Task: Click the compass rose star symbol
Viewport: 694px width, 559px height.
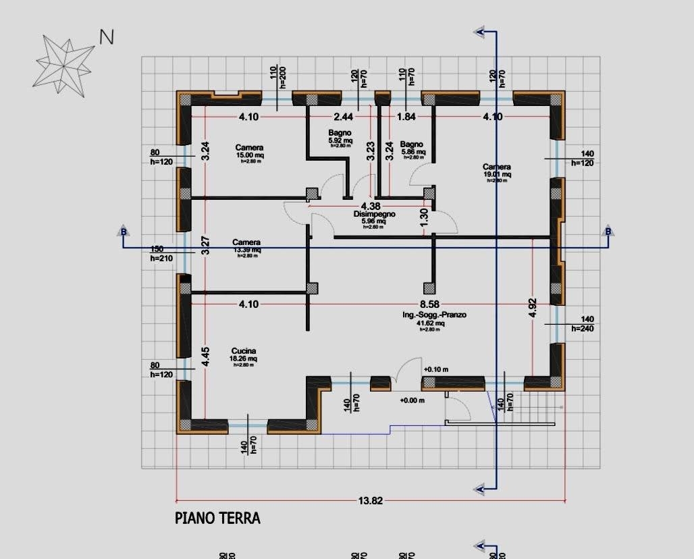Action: pyautogui.click(x=65, y=62)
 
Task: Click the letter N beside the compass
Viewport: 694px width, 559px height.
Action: pyautogui.click(x=107, y=37)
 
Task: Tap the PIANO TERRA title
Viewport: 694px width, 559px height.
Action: pyautogui.click(x=217, y=518)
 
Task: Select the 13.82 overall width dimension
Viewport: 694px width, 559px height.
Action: pyautogui.click(x=371, y=501)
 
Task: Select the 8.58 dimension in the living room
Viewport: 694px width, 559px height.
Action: pyautogui.click(x=430, y=304)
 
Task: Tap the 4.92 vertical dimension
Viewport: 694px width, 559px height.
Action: pyautogui.click(x=533, y=308)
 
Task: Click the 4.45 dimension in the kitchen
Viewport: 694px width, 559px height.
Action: pyautogui.click(x=206, y=357)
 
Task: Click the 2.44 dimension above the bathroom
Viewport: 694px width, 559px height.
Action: pyautogui.click(x=344, y=117)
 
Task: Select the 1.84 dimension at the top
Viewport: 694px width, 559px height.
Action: pyautogui.click(x=406, y=117)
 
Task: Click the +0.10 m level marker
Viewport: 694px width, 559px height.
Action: pyautogui.click(x=437, y=369)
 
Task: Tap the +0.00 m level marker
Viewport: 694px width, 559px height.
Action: pyautogui.click(x=412, y=400)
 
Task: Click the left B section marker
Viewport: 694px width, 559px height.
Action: pyautogui.click(x=124, y=232)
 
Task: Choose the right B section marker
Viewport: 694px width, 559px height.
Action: pyautogui.click(x=608, y=232)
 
